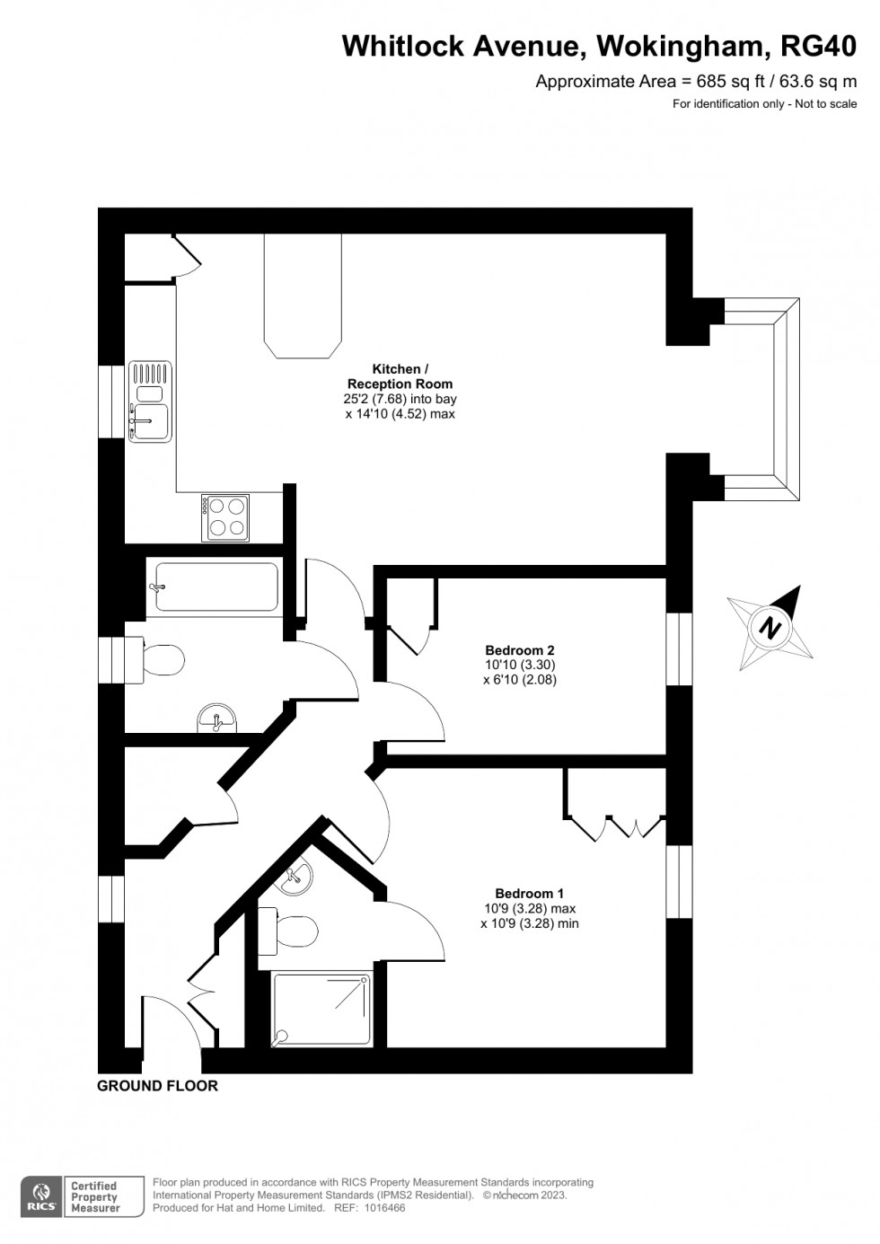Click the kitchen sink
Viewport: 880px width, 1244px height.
tap(150, 401)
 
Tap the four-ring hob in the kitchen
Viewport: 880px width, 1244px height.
tap(226, 517)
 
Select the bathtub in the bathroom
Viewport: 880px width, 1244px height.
tap(216, 587)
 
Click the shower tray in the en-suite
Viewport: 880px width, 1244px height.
tap(321, 1010)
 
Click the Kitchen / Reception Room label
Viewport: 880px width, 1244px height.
tap(400, 376)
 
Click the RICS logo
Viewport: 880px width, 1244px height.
tap(40, 1197)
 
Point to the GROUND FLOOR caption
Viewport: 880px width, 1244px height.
tap(157, 1086)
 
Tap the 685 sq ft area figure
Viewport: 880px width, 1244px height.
tap(723, 82)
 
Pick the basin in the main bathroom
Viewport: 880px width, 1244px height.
tap(216, 718)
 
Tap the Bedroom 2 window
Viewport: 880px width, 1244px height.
tap(679, 650)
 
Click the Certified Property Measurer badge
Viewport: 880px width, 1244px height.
tap(94, 1197)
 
